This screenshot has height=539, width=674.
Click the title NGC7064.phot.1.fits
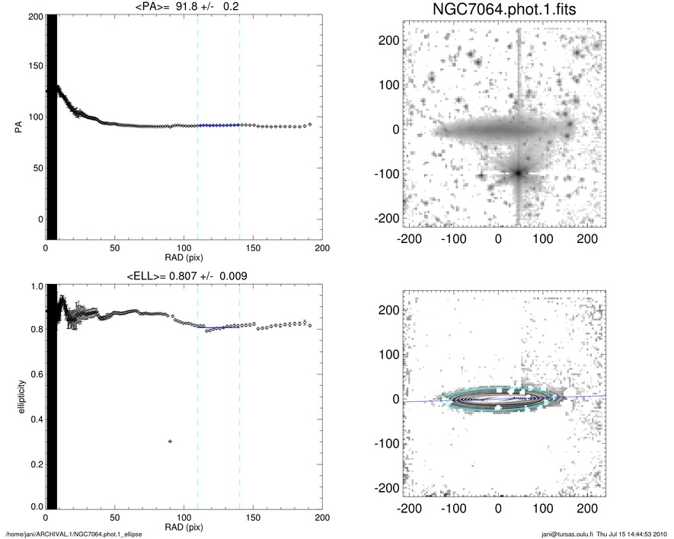[498, 11]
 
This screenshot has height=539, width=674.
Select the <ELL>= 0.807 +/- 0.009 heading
[182, 276]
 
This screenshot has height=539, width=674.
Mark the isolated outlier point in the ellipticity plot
[170, 442]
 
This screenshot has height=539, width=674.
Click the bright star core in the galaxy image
[519, 173]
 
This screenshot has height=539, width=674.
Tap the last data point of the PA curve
[310, 124]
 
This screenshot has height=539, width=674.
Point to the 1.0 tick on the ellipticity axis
[36, 287]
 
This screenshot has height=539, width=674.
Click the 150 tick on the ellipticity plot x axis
[253, 517]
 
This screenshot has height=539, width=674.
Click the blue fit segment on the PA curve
[219, 125]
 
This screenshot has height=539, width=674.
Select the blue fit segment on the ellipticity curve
[219, 327]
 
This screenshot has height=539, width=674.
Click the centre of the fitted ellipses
[498, 398]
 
